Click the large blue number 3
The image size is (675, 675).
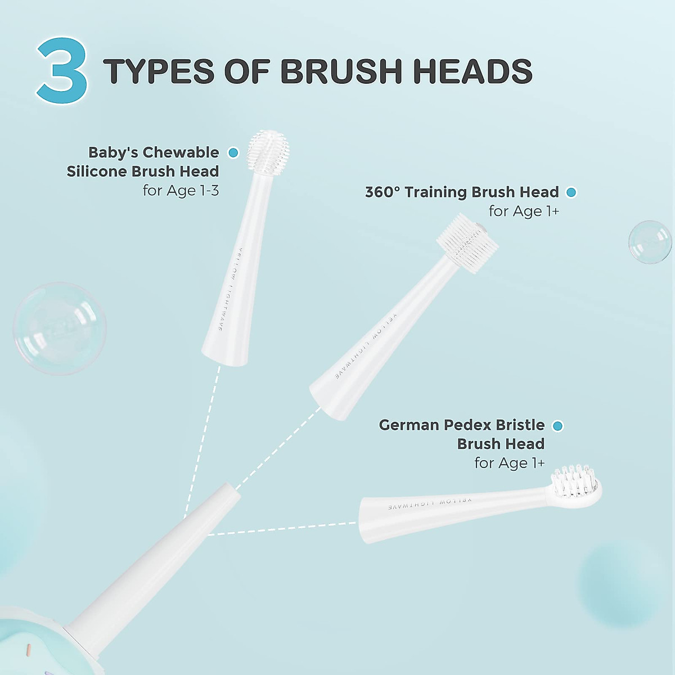(x=62, y=71)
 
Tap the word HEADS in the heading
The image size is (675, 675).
(x=472, y=71)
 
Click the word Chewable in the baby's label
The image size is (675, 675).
(x=181, y=152)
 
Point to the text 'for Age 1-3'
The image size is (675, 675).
(x=181, y=191)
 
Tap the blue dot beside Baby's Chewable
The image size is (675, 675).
(x=233, y=152)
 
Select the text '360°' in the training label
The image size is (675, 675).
(x=382, y=192)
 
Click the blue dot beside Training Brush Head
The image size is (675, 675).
(x=571, y=192)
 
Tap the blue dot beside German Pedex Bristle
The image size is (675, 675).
(x=557, y=426)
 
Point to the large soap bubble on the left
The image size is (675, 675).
(x=60, y=328)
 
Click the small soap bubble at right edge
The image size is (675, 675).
(x=650, y=242)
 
